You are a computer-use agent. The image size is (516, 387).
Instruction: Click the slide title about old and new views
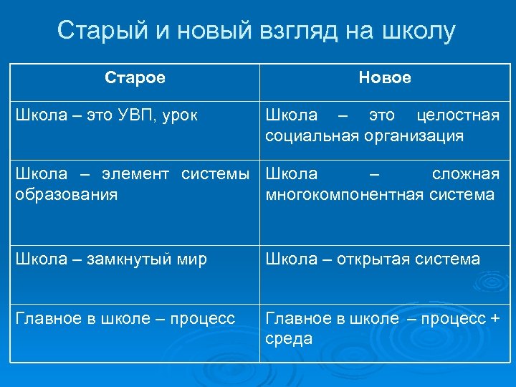[x=257, y=31]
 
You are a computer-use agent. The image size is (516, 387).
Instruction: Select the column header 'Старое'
[x=135, y=77]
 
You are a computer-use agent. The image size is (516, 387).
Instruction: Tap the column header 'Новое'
[x=385, y=77]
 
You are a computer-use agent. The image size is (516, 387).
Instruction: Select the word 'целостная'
[x=459, y=115]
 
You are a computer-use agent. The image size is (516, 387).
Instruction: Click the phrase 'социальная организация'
[x=364, y=135]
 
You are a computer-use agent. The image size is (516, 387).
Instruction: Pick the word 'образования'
[x=67, y=194]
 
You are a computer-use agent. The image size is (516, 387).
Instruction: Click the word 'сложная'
[x=466, y=174]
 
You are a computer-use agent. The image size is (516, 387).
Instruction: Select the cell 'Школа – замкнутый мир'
[x=111, y=259]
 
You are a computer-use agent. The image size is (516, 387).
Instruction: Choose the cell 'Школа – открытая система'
[x=373, y=259]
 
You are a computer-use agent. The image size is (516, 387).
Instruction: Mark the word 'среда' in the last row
[x=289, y=338]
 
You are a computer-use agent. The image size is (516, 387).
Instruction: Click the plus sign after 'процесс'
[x=494, y=318]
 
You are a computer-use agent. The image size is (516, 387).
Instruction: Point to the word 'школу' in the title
[x=419, y=32]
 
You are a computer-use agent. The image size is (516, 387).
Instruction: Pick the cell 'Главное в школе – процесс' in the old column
[x=125, y=318]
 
